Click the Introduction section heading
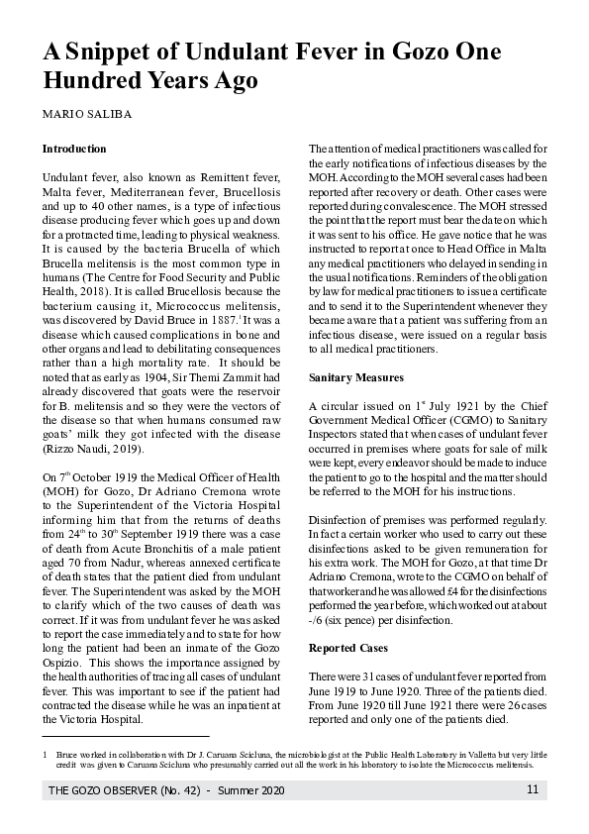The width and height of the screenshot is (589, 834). pos(74,149)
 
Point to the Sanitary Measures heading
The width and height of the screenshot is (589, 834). pos(355,378)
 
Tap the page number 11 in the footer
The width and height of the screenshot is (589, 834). pos(532,789)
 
